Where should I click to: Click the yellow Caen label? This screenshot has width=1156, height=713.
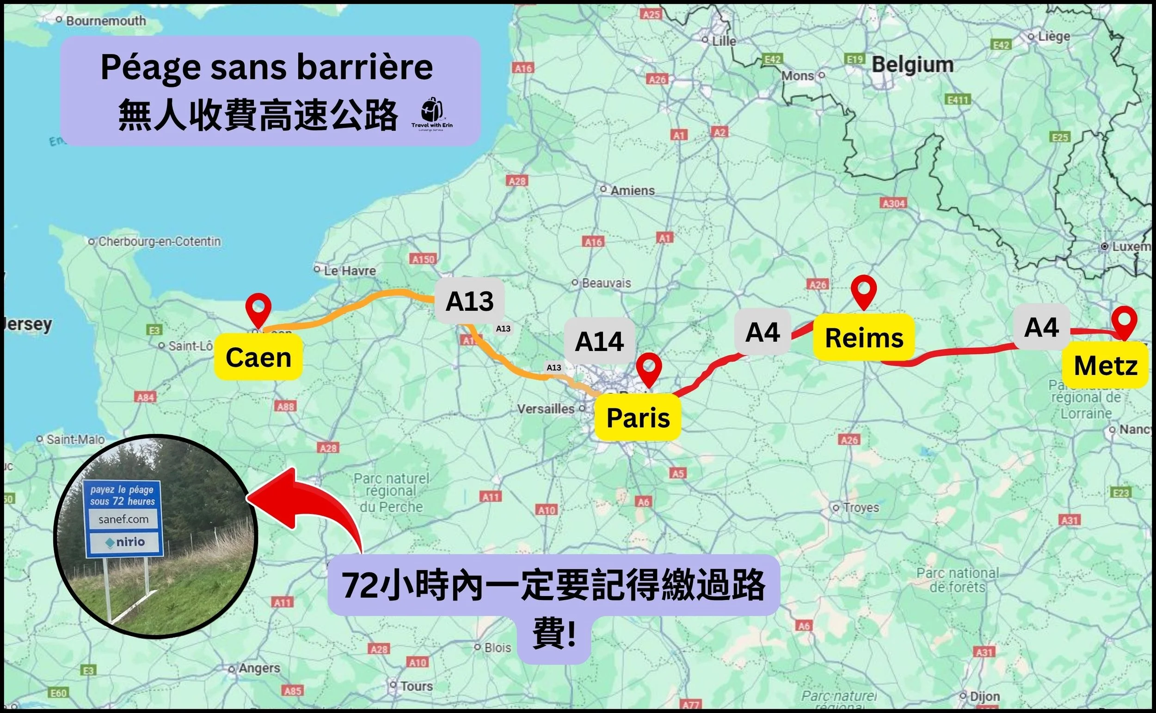258,357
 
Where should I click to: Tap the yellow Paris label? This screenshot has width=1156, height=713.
638,418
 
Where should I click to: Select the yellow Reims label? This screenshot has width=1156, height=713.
864,338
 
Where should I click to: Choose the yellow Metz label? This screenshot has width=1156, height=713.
1106,365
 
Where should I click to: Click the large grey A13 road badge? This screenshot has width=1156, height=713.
469,301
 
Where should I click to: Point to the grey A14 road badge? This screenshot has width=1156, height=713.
599,341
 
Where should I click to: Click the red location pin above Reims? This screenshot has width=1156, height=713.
863,292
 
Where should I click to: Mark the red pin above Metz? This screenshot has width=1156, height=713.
1124,322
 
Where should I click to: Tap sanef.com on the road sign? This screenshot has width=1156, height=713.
123,519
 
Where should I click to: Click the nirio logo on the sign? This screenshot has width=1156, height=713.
124,542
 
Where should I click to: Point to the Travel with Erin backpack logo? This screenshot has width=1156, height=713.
431,113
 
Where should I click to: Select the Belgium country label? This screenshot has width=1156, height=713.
912,65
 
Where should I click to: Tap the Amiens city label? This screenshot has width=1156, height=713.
632,191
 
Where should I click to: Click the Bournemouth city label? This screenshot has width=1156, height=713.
105,21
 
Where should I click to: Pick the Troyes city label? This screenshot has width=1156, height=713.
861,507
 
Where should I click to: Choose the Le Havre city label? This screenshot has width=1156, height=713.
350,270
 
